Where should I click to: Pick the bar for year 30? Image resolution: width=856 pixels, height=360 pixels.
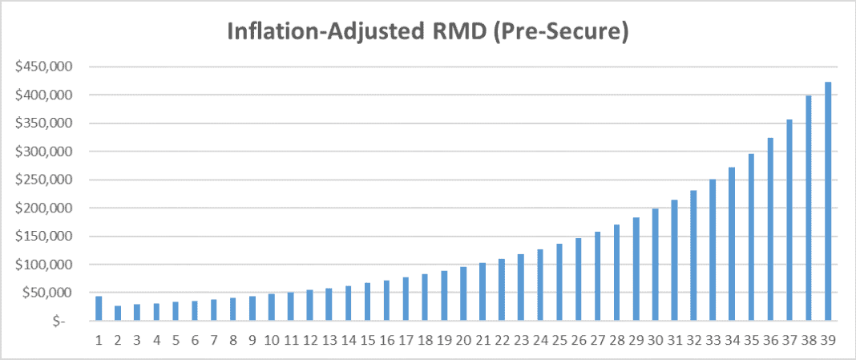pyautogui.click(x=655, y=265)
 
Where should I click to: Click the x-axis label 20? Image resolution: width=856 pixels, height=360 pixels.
pyautogui.click(x=462, y=339)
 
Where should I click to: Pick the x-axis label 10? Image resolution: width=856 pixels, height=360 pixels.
pyautogui.click(x=271, y=339)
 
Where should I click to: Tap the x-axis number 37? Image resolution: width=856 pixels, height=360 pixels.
pyautogui.click(x=789, y=339)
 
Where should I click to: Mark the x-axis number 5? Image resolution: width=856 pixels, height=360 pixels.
pyautogui.click(x=176, y=339)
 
